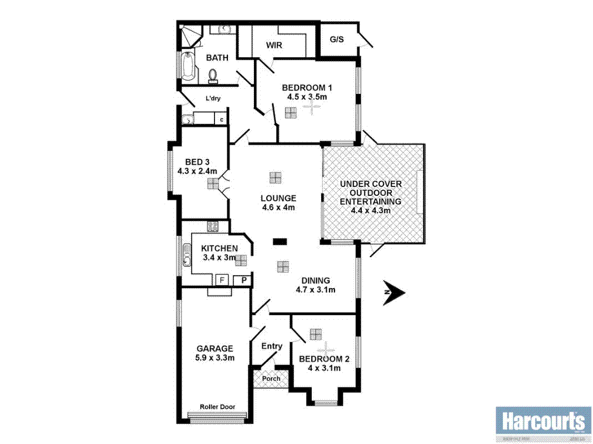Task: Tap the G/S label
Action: tap(336, 40)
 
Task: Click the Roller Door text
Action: tap(218, 407)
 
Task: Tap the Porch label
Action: tap(272, 379)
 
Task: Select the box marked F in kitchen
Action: tap(223, 280)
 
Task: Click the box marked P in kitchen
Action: tap(243, 280)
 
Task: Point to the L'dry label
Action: tap(213, 99)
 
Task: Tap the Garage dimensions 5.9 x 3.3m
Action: tap(215, 358)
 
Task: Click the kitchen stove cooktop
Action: tap(212, 226)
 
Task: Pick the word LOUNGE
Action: tap(278, 198)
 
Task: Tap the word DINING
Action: tap(315, 280)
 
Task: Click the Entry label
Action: tap(272, 346)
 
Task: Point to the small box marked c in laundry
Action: tap(222, 119)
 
